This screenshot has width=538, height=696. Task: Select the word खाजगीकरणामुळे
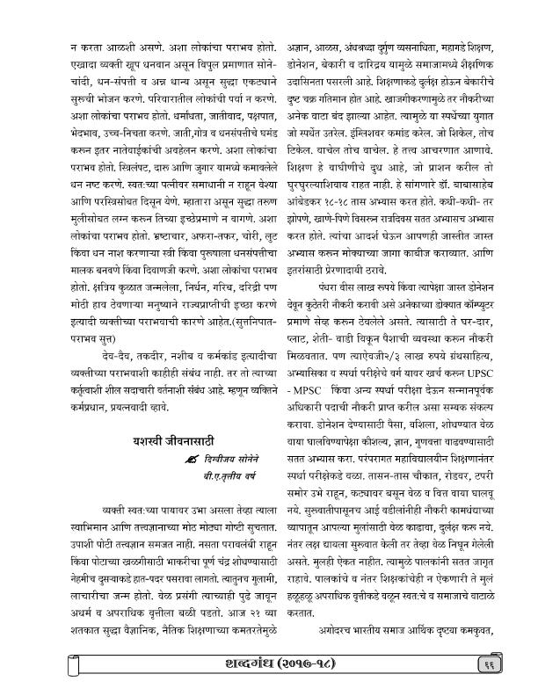(421, 87)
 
